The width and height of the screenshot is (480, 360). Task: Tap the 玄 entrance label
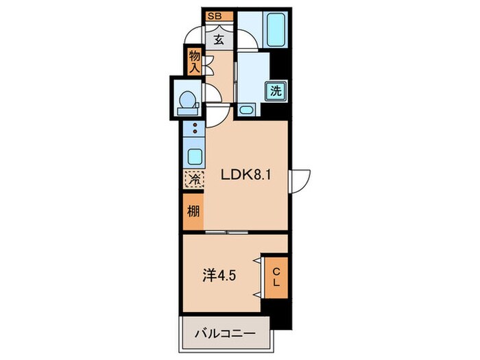218,39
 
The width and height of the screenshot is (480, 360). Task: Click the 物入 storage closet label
194,61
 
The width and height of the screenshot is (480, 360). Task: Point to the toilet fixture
186,101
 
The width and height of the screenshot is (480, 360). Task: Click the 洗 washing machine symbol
276,91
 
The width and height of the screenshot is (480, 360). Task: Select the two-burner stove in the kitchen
194,128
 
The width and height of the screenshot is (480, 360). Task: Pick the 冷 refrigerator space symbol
193,180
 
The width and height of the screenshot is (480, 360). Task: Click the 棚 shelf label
193,211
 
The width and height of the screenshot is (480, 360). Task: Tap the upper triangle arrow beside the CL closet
258,261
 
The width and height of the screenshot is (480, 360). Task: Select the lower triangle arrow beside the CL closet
258,293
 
